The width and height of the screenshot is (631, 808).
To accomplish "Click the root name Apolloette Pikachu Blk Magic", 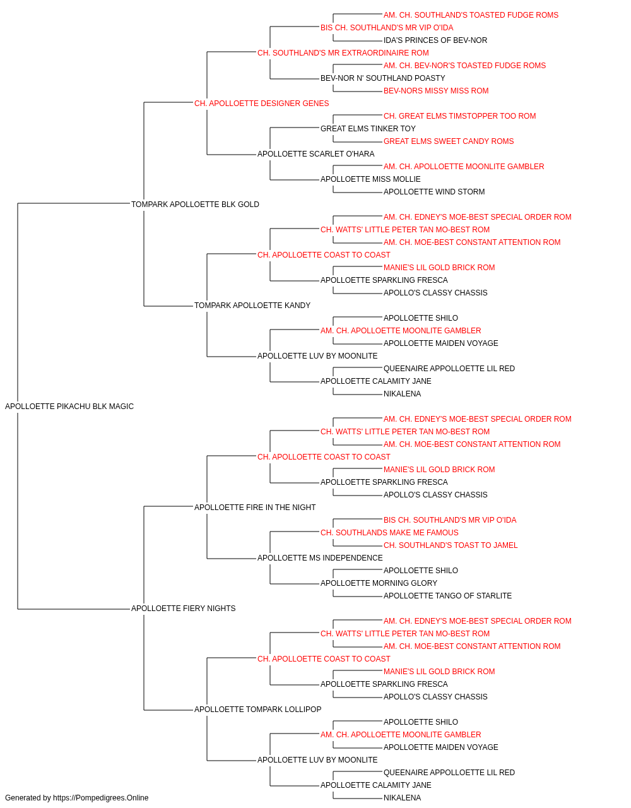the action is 69,407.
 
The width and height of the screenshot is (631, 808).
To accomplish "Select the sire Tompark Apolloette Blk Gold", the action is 195,205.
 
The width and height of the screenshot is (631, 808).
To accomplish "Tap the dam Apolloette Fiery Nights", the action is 183,609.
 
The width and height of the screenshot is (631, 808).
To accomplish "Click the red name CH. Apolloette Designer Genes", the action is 262,104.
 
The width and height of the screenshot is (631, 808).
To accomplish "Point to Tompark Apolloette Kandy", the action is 252,306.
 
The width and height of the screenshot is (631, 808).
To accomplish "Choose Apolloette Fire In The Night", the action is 255,507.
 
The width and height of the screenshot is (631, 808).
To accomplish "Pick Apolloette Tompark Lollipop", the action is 258,709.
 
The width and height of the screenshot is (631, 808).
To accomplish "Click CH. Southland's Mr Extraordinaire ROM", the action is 343,53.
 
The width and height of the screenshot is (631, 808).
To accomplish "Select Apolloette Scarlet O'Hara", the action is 316,154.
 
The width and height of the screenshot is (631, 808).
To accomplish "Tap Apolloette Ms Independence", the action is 320,558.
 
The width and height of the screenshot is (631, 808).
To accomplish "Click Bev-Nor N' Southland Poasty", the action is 383,78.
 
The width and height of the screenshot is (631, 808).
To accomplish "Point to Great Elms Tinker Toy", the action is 368,129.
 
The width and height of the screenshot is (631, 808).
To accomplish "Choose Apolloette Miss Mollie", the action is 370,179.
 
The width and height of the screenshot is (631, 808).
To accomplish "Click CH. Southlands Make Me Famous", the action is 389,533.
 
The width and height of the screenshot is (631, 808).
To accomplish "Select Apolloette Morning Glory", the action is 379,583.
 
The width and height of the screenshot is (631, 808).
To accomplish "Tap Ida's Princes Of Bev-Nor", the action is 435,40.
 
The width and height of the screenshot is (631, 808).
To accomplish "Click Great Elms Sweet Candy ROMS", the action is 449,141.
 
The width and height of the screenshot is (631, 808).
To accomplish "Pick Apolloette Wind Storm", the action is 434,192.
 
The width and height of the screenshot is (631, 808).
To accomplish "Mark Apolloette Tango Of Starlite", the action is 447,596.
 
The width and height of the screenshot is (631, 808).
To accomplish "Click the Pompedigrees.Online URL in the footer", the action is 101,798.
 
